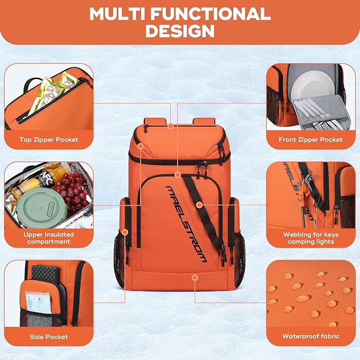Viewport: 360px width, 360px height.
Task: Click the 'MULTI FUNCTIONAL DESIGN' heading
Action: point(180,22)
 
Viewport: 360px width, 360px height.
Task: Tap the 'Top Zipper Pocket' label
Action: point(49,139)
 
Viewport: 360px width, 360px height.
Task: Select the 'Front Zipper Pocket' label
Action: point(311,139)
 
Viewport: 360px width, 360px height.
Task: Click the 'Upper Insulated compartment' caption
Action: point(49,238)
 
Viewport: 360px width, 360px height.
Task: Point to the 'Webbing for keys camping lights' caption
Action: point(311,238)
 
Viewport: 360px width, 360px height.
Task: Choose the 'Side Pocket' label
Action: point(49,336)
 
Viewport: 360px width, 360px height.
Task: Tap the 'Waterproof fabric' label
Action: point(311,336)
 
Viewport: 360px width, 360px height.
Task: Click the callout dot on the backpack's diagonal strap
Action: point(198,204)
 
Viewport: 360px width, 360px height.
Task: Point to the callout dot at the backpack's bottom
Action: point(195,277)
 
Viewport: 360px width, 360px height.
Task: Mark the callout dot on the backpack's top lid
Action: point(170,126)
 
